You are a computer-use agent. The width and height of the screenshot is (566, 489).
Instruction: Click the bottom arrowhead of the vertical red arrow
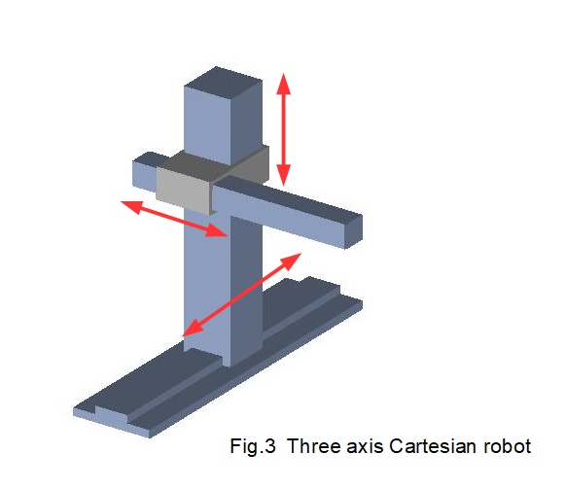coord(284,175)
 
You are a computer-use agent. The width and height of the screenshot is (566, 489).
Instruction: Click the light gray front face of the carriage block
coord(183,191)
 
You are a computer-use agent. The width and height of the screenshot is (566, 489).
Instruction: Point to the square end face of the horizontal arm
coord(353,230)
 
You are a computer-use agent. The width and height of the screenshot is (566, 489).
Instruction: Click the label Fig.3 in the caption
coord(253,446)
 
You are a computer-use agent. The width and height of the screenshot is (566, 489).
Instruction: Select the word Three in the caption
coord(314,446)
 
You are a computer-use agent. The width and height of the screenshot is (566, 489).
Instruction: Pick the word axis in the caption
coord(365,446)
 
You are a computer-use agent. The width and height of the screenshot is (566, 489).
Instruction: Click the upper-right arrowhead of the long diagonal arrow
coord(291,261)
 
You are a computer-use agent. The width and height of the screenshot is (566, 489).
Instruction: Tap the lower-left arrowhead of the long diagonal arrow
coord(193,329)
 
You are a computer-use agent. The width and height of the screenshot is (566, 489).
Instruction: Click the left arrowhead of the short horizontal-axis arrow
coord(130,207)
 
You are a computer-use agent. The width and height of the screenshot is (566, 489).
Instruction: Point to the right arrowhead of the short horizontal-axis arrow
coord(217,230)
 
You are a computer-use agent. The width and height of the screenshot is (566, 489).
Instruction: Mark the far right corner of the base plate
coord(362,301)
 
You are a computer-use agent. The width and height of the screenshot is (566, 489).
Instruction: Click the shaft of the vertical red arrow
coord(284,129)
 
